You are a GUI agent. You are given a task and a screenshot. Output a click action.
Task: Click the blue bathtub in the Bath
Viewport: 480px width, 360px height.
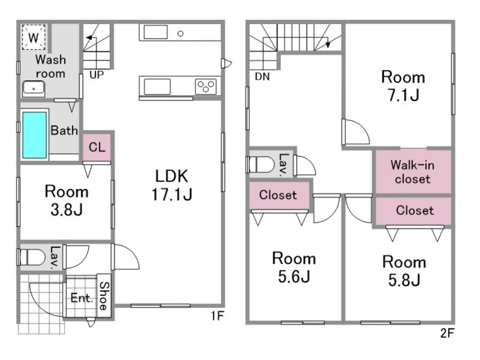point(35,135)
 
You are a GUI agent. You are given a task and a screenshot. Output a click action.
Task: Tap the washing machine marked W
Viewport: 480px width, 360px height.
point(34,37)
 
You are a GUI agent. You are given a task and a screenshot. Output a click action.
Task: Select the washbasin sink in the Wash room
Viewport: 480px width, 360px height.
point(34,89)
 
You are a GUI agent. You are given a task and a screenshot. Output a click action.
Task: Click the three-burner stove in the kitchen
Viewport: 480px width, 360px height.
point(206,86)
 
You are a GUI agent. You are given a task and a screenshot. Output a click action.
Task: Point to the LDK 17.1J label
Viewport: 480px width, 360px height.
point(172,185)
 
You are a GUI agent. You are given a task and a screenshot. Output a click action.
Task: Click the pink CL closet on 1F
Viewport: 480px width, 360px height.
point(97,147)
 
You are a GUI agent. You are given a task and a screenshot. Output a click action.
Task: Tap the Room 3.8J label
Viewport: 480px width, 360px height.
point(66,201)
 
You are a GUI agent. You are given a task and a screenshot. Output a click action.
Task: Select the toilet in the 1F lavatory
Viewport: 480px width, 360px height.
point(31,257)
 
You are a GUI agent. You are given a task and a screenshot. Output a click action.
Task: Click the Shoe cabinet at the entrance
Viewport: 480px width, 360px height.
point(104,296)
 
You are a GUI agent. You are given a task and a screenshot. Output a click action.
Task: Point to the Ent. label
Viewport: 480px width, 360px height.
point(82,298)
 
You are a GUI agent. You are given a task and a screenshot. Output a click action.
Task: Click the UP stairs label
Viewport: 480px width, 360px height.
point(97,74)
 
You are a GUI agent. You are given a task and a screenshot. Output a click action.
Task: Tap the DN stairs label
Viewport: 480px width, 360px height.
point(263,76)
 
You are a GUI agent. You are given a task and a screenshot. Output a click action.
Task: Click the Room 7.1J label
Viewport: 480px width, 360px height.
point(403,86)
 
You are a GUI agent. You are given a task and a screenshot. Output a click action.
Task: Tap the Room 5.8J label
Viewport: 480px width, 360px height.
point(404,271)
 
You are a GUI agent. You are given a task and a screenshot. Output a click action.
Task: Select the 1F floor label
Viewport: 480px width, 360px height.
point(217,316)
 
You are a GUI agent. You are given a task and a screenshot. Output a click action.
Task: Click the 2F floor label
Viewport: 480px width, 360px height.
point(447,333)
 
